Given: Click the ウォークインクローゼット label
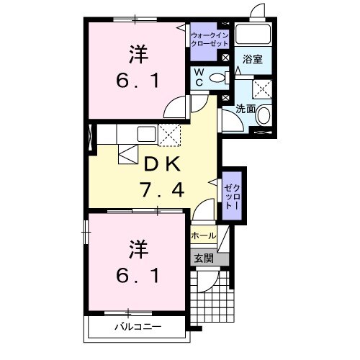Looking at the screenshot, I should coord(210,39).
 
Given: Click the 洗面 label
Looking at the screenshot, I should coord(246,109).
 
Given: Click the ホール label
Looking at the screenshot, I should coord(203,235).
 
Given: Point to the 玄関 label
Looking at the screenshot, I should coord(203,258).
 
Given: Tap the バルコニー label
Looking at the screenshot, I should coord(137,327).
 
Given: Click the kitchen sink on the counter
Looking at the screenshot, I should coord(145,133).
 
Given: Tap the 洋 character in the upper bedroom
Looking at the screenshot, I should coord(137,53).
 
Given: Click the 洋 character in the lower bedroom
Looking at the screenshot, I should coord(137,249).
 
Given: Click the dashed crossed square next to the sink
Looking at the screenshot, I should coord(170,133).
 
